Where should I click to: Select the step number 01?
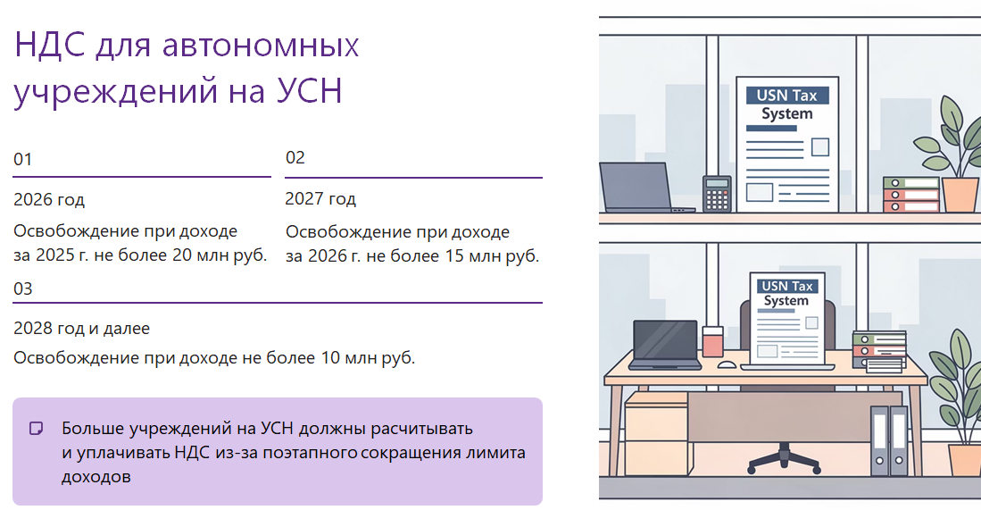tap(23, 160)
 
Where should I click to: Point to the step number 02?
tap(295, 158)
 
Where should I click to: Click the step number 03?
tap(23, 288)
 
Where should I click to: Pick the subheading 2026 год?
tap(49, 199)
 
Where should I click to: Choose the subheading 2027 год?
tap(320, 198)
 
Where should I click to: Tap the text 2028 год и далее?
tap(81, 328)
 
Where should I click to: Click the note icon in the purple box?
tap(37, 428)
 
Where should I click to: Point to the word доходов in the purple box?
tap(96, 477)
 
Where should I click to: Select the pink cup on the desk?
tap(712, 342)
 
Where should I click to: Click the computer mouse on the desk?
tap(727, 364)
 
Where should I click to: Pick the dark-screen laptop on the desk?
tap(666, 344)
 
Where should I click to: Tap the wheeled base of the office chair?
tap(784, 459)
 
